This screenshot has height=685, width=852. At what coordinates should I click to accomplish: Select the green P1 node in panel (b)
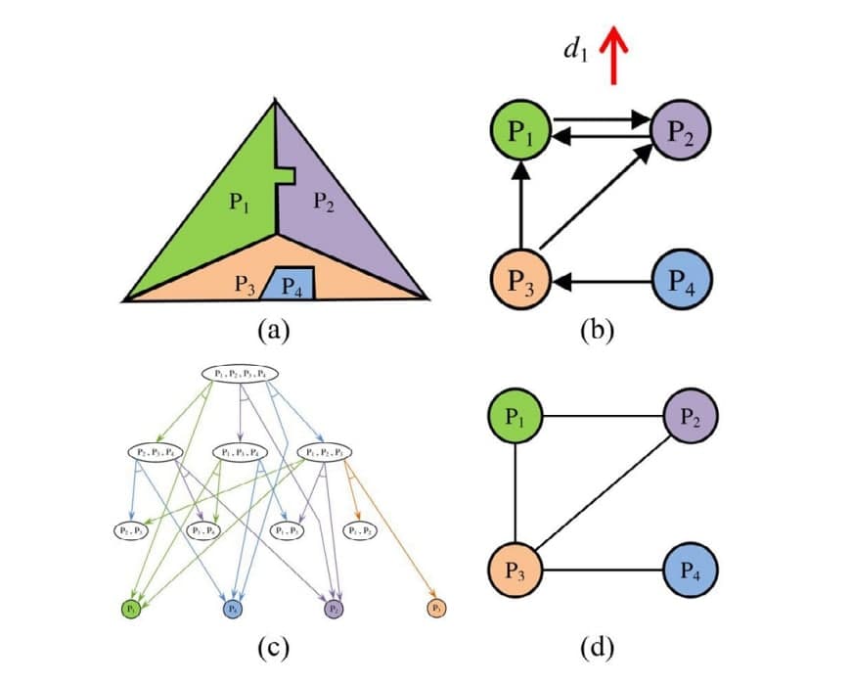[x=520, y=131]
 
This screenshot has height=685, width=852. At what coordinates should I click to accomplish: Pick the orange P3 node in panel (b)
[x=520, y=283]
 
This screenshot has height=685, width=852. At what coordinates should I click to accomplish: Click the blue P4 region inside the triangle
[x=292, y=284]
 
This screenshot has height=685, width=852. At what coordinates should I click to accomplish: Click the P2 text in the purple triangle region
[x=324, y=203]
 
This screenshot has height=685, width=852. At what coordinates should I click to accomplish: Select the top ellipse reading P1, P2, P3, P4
[x=241, y=374]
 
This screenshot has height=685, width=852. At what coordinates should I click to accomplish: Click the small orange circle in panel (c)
[x=436, y=608]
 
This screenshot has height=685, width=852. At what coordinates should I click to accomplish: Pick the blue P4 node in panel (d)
[x=691, y=571]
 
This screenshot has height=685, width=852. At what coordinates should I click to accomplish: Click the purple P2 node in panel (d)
[x=691, y=418]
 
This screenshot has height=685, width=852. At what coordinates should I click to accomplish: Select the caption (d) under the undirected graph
[x=597, y=646]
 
